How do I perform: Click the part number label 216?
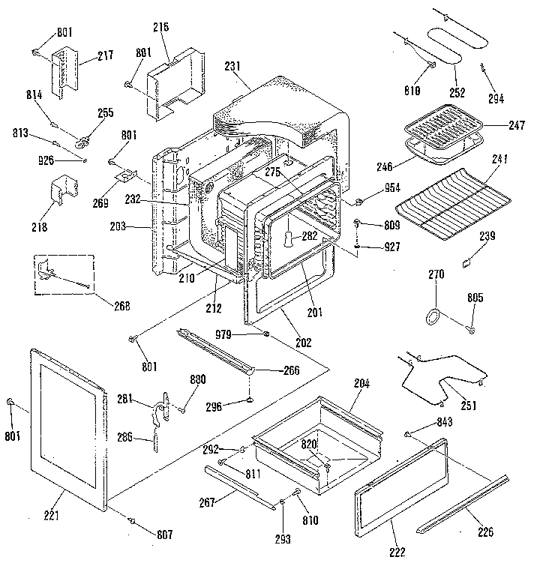(160, 27)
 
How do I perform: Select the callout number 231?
(232, 66)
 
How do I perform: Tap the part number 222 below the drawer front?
(396, 552)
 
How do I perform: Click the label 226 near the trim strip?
(486, 532)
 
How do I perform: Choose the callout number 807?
(164, 534)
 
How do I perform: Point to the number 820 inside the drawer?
(310, 445)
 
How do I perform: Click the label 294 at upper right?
(496, 98)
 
